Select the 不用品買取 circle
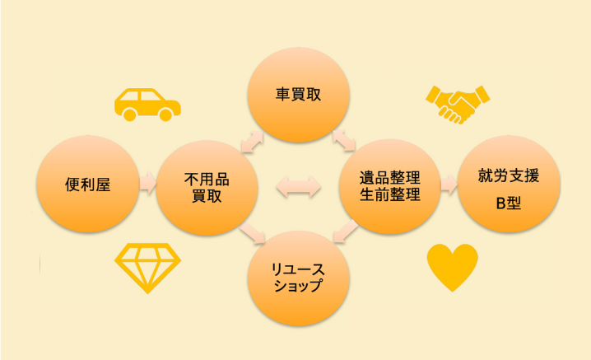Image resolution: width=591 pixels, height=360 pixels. coord(205,185)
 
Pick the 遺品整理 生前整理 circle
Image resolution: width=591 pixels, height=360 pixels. coord(390,185)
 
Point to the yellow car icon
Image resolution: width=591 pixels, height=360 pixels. coord(147,104)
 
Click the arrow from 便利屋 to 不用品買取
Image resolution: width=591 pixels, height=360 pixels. coord(147,181)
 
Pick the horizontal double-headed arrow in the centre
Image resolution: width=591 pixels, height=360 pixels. coord(299,186)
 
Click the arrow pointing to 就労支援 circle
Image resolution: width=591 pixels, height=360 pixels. coord(449,183)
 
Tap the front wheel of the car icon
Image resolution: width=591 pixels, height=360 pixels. coord(165,115)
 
